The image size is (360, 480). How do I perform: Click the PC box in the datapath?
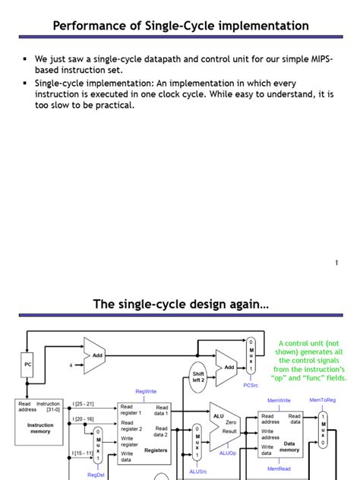[x=27, y=364]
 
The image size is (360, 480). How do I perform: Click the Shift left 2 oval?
[x=198, y=377]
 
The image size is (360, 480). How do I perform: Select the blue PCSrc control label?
[x=251, y=385]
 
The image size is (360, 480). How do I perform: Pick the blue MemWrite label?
[x=279, y=400]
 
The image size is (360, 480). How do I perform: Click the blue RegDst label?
[x=96, y=474]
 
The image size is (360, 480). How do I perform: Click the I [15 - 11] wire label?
[x=84, y=453]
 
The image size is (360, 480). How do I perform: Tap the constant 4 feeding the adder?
[x=72, y=364]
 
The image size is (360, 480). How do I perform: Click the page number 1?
[x=336, y=263]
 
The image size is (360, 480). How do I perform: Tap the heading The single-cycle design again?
[x=181, y=305]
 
